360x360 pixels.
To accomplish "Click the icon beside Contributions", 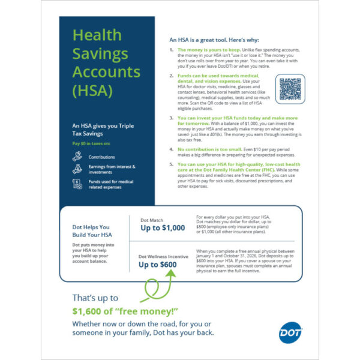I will [x=77, y=156].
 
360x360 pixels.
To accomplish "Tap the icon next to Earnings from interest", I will [x=77, y=169].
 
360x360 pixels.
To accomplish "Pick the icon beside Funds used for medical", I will [x=77, y=184].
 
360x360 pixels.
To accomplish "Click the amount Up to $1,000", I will [x=163, y=228].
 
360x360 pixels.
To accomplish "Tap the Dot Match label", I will [x=152, y=220].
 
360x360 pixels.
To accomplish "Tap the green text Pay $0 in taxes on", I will [x=91, y=145].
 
